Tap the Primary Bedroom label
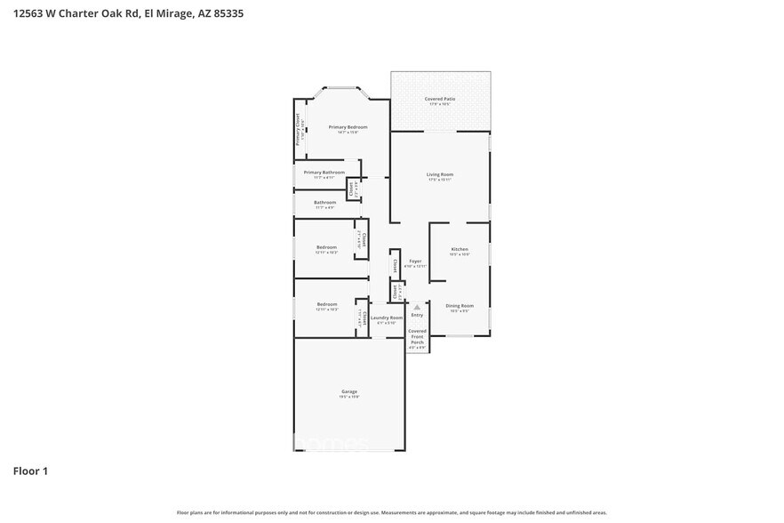click(x=348, y=127)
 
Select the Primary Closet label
click(x=298, y=129)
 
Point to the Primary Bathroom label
click(x=324, y=172)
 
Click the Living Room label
click(x=440, y=174)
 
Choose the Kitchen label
click(x=459, y=249)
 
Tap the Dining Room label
click(x=459, y=306)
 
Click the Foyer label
click(x=415, y=261)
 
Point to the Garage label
click(x=349, y=391)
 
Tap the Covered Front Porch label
click(x=417, y=336)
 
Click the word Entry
click(x=417, y=316)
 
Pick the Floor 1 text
click(x=30, y=471)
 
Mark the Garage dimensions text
click(x=349, y=397)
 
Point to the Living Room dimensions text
click(x=440, y=180)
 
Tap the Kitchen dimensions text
click(x=459, y=254)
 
